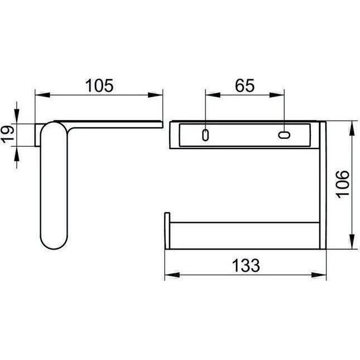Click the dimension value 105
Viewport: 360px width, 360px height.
tap(100, 85)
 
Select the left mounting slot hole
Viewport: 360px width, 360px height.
tap(206, 134)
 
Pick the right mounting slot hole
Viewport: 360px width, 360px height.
tap(284, 135)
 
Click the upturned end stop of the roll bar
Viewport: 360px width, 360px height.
tap(166, 229)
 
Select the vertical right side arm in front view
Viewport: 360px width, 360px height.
tap(321, 184)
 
